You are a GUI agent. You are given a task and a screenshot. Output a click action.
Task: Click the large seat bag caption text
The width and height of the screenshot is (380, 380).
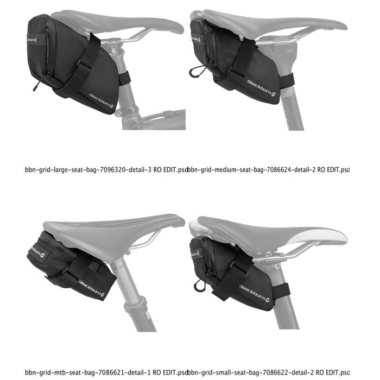(106, 169)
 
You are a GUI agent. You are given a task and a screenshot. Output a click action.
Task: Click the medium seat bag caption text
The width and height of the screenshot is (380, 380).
(269, 169)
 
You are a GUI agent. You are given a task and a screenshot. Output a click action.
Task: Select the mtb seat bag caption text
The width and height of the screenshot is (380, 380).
(106, 372)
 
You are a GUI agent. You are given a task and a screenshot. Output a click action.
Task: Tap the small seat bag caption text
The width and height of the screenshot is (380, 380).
(269, 372)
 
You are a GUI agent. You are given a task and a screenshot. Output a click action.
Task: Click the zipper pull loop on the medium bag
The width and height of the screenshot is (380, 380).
(194, 71)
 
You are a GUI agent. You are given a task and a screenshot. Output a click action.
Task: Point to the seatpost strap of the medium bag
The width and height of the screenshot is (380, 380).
(286, 81)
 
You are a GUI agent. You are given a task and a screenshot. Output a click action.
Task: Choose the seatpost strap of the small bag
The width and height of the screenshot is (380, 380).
(281, 291)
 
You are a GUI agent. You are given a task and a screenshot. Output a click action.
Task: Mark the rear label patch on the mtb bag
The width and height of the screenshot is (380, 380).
(39, 252)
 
